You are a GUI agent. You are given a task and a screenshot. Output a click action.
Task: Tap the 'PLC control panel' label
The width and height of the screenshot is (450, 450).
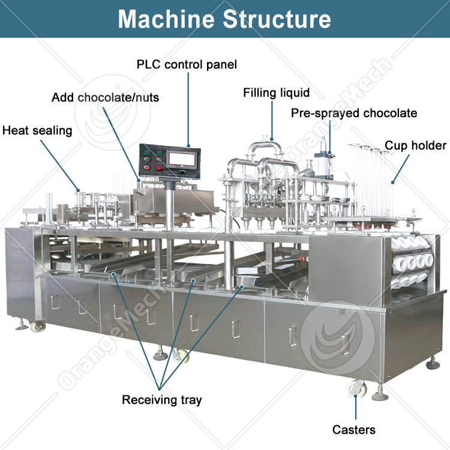tap(187, 64)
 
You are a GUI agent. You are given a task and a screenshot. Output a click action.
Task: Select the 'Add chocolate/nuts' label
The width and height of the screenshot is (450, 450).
tap(105, 97)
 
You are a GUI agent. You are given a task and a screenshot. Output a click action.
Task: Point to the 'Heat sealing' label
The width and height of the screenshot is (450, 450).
tap(37, 130)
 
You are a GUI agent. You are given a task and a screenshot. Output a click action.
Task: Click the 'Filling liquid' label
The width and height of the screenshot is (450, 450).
tap(276, 93)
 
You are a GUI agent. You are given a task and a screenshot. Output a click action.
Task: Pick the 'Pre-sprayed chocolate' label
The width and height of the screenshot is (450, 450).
tap(353, 113)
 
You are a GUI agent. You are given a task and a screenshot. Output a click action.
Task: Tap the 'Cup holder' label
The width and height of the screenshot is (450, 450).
tap(415, 145)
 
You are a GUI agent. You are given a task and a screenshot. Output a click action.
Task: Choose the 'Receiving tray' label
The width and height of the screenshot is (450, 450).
tap(162, 400)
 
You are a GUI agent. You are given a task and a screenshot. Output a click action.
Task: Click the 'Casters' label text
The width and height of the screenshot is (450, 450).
tap(354, 430)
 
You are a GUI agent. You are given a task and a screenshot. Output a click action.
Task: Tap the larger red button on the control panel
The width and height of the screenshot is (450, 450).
tap(159, 169)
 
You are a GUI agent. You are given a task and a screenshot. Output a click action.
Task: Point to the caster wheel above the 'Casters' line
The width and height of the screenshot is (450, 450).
tap(355, 388)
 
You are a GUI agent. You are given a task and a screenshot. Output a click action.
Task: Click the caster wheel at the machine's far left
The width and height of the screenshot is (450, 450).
tap(38, 326)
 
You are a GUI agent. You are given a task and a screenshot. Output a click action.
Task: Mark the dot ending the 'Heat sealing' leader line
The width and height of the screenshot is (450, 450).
tap(77, 191)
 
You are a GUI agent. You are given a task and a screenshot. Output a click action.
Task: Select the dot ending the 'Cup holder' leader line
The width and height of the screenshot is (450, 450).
tap(393, 181)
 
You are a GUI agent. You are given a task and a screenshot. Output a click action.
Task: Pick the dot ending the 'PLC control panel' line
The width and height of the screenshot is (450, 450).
tap(188, 146)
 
